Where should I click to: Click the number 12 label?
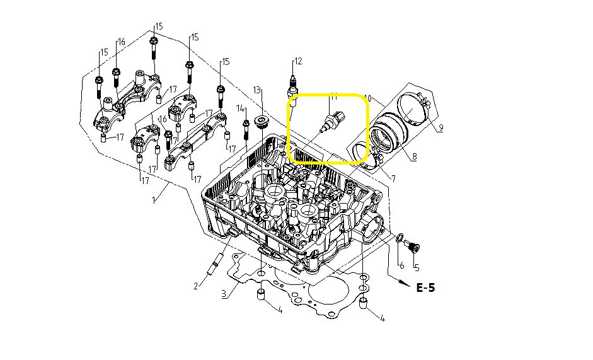point(298,61)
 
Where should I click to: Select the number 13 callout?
point(257,91)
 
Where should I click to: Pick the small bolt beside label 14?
point(245,130)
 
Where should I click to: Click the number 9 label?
point(440,128)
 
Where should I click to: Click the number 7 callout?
point(393,179)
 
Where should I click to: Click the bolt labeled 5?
point(413,245)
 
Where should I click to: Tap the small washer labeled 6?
point(400,237)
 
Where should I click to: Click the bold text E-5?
point(425,287)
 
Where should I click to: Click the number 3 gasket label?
point(223,294)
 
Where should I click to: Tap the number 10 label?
point(368,99)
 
